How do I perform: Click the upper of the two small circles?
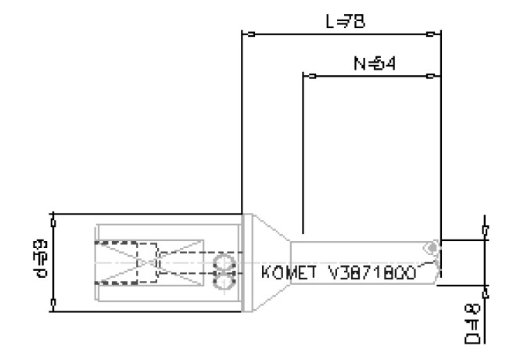(x=225, y=261)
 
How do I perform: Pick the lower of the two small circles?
(x=225, y=280)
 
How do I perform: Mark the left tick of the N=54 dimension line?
(x=310, y=77)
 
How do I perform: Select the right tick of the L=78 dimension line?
(x=431, y=34)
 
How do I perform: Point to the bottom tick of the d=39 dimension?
(x=53, y=300)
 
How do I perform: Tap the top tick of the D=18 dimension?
(x=486, y=229)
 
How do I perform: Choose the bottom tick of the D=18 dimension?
(x=486, y=295)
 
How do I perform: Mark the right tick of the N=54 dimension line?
(x=431, y=77)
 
